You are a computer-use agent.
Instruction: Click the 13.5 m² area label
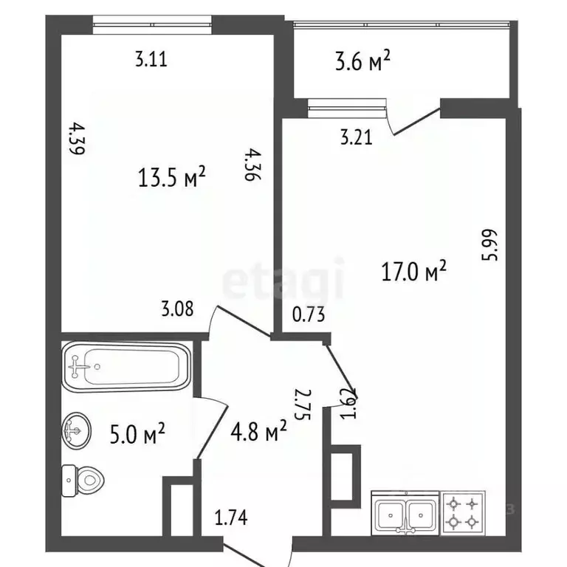pyautogui.click(x=171, y=177)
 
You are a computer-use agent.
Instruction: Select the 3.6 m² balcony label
pyautogui.click(x=362, y=62)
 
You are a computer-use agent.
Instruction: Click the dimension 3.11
pyautogui.click(x=151, y=60)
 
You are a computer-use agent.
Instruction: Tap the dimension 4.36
pyautogui.click(x=253, y=165)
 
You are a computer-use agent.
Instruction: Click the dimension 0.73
pyautogui.click(x=309, y=315)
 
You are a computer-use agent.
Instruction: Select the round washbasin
pyautogui.click(x=76, y=428)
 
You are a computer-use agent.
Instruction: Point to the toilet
pyautogui.click(x=83, y=481)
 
